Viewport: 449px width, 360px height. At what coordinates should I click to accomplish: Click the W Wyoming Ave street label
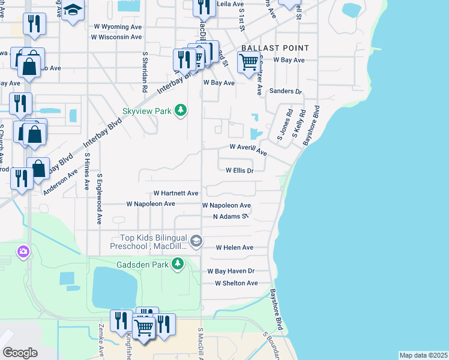117,27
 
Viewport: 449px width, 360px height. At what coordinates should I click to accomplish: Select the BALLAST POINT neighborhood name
275,48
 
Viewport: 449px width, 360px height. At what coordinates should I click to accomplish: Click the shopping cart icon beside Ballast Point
248,61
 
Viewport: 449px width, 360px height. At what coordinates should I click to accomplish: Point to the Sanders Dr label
285,91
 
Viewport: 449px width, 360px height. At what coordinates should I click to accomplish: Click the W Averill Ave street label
248,149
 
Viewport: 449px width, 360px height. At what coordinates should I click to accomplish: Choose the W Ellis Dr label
240,170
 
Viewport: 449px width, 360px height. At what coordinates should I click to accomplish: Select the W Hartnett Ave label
175,194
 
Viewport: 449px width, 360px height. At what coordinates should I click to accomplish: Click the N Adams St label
231,217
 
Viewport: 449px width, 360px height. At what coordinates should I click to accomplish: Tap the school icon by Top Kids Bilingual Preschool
196,242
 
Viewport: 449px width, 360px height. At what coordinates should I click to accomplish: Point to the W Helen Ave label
234,247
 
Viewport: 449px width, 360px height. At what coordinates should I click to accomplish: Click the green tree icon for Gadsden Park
178,263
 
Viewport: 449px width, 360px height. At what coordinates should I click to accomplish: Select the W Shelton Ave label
236,283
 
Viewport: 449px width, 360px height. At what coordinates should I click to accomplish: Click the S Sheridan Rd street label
145,70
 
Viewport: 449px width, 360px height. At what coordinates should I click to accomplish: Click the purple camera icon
23,251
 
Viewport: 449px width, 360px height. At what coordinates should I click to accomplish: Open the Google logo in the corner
20,352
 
